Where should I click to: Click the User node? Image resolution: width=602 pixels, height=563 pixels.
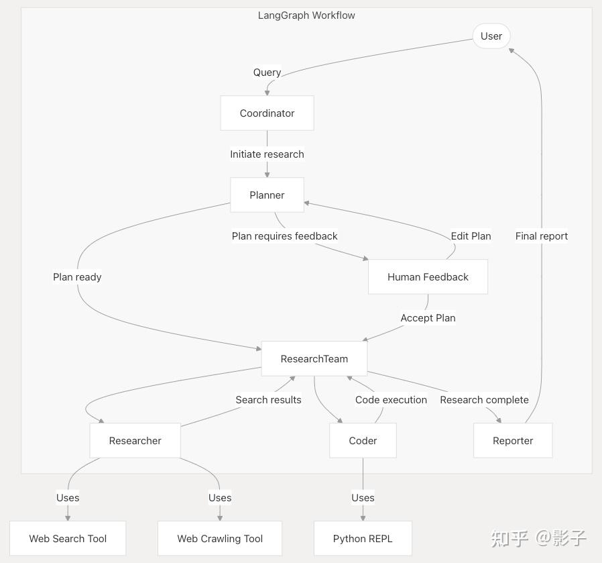(491, 36)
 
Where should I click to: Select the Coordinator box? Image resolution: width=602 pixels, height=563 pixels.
(267, 113)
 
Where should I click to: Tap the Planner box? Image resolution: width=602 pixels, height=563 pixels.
(267, 195)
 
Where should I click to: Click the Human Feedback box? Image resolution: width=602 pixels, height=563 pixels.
(428, 277)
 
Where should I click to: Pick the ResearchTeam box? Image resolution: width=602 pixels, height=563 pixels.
(314, 359)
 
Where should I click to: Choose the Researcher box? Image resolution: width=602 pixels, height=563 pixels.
(135, 441)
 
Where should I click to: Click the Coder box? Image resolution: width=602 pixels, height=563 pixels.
(363, 441)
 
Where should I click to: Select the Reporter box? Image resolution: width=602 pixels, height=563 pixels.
(513, 441)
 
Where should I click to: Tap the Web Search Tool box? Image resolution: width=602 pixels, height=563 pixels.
(68, 538)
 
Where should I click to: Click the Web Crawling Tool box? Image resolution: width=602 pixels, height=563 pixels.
(220, 538)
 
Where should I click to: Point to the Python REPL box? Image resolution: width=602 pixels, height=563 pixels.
(363, 538)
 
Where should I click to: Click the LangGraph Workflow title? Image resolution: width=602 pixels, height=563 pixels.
(306, 15)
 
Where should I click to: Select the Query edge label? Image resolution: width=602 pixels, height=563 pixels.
(267, 72)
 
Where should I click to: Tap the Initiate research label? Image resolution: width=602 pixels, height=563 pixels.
(267, 154)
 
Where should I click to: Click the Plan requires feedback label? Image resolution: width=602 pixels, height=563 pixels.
(285, 236)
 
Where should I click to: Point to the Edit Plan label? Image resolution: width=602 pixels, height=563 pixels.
(471, 236)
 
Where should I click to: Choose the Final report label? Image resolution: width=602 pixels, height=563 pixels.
(542, 236)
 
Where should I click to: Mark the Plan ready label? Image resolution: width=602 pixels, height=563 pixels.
(77, 277)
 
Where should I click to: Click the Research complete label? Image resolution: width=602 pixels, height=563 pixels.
(484, 400)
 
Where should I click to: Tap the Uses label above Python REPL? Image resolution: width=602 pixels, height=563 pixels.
(363, 498)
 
